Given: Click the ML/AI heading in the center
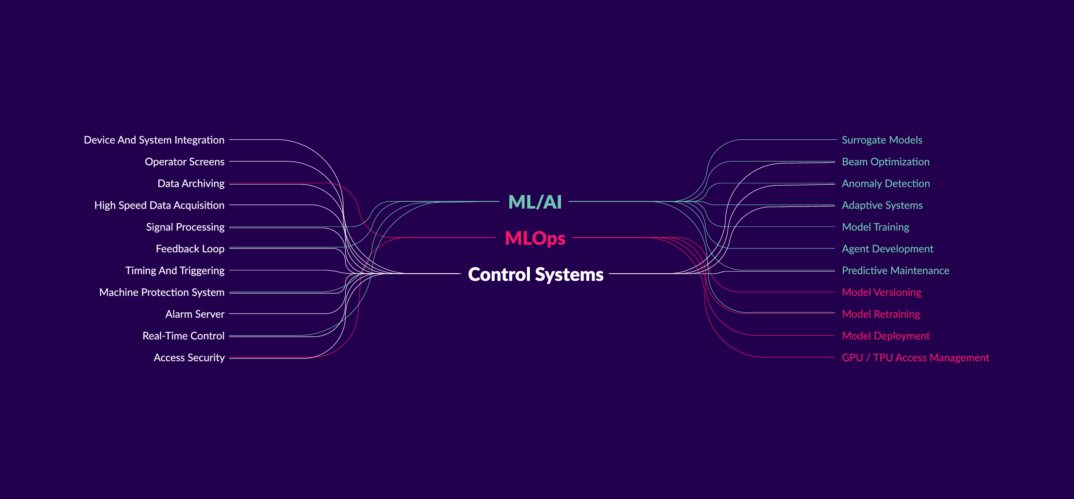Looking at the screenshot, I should click(534, 202).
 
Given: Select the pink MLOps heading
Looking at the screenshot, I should click(535, 238).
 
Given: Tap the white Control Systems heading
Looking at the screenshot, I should click(536, 274).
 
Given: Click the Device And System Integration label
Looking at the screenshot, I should click(154, 140).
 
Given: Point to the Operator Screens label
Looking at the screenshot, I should click(185, 162).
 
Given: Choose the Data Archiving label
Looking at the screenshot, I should click(191, 184).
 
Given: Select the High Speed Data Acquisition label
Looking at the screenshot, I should click(159, 206).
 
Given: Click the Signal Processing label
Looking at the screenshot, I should click(185, 227).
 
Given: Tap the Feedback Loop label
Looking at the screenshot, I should click(190, 249).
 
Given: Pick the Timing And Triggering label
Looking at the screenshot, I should click(175, 271).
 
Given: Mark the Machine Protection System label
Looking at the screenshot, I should click(162, 293).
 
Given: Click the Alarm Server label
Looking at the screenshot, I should click(195, 314).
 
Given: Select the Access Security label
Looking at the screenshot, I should click(189, 358).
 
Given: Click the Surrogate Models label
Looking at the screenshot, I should click(882, 140).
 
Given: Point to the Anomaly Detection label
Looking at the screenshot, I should click(886, 184).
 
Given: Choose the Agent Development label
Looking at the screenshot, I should click(887, 249).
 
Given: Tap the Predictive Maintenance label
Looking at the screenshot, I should click(895, 271).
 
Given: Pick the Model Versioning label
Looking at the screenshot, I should click(881, 293).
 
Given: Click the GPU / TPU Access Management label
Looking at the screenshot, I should click(915, 358).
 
